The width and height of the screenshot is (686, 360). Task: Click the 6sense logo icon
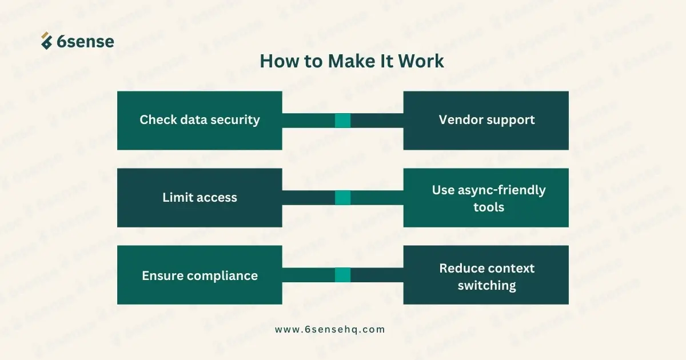[x=46, y=41]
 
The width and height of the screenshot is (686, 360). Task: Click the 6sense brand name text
[x=85, y=42]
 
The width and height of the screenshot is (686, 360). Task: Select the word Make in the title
[x=352, y=61]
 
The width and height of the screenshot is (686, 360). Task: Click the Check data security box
[x=200, y=121]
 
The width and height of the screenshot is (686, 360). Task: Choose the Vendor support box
[x=486, y=121]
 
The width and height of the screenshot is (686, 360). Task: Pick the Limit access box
[x=200, y=198]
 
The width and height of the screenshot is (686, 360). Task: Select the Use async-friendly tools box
[x=486, y=198]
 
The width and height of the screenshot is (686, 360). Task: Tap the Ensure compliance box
[x=200, y=275]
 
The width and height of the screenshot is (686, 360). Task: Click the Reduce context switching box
[x=486, y=275]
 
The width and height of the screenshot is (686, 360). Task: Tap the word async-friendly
[x=502, y=190]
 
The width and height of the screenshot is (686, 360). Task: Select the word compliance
[x=222, y=276]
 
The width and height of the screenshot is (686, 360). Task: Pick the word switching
[x=487, y=286]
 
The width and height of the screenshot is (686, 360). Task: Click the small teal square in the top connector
[x=342, y=121]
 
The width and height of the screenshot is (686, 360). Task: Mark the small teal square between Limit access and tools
[x=342, y=198]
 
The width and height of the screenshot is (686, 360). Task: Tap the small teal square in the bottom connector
[x=342, y=275]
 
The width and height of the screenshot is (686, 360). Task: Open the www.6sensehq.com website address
[x=330, y=330]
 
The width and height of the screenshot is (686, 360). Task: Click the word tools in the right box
[x=489, y=207]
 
